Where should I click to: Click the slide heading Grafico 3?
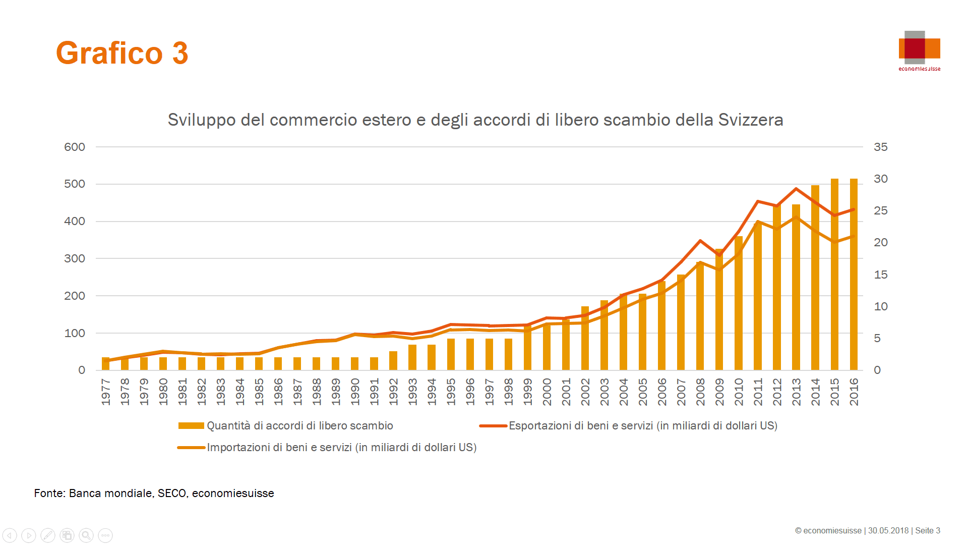point(122,53)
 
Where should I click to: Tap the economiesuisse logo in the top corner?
point(919,49)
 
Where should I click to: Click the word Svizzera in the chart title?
point(750,120)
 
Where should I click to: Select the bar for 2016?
point(854,275)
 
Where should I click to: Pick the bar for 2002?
point(585,338)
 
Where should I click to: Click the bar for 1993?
point(412,357)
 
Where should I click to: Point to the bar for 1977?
point(105,364)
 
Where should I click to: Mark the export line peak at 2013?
point(796,189)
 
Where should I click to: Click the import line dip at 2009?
point(719,269)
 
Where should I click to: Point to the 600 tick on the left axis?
point(75,147)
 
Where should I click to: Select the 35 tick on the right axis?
point(880,147)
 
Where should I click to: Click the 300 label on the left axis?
point(75,258)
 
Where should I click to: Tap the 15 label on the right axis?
point(880,275)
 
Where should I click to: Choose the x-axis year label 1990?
point(355,392)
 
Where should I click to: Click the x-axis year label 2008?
point(700,392)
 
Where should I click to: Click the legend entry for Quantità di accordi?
point(299,425)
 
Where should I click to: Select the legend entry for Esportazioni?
point(642,425)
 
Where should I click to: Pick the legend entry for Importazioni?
point(341,447)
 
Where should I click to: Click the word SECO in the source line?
point(172,493)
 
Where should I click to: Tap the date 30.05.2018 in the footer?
point(888,530)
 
